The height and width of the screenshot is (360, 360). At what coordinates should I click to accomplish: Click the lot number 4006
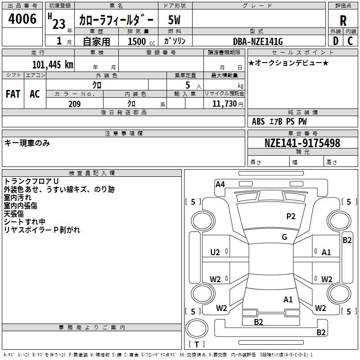click(x=22, y=19)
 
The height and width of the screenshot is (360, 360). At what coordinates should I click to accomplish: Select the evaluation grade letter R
click(x=343, y=21)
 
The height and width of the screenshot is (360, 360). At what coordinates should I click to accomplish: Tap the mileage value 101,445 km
click(x=53, y=64)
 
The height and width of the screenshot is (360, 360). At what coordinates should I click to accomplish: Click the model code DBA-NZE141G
click(x=258, y=41)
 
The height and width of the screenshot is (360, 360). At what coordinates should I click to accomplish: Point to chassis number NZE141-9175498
click(x=302, y=143)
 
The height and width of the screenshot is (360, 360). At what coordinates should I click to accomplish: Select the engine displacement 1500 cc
click(x=141, y=41)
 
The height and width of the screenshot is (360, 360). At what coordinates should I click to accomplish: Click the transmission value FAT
click(x=13, y=94)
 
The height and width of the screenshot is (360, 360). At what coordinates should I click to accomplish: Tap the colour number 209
click(x=74, y=104)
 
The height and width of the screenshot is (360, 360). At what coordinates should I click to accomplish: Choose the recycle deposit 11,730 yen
click(x=228, y=104)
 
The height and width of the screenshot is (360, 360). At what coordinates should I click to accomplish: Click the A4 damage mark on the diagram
click(x=220, y=184)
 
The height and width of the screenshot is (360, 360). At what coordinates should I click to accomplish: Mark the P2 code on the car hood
click(x=291, y=216)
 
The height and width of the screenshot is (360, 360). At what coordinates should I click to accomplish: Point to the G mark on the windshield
click(x=284, y=237)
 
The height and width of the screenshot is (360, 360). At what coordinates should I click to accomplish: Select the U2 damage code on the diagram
click(x=215, y=252)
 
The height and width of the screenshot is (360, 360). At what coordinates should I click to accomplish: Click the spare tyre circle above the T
click(x=197, y=328)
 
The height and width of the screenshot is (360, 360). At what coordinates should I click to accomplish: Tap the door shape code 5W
click(x=174, y=20)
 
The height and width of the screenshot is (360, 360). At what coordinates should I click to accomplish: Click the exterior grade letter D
click(x=335, y=41)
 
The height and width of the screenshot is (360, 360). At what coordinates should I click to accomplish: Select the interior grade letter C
click(x=350, y=41)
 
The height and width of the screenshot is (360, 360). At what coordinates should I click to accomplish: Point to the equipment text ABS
click(x=258, y=121)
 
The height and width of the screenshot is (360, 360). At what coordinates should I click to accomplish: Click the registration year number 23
click(x=59, y=24)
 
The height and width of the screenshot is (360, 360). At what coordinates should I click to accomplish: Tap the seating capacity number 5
click(x=188, y=85)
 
